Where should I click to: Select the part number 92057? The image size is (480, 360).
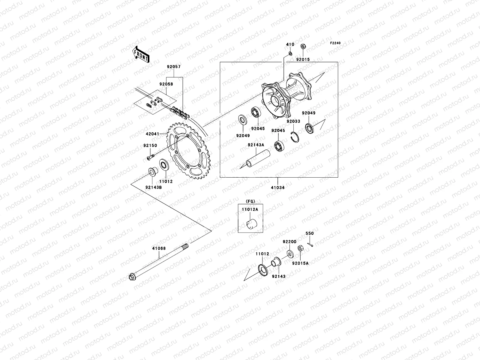click(174, 67)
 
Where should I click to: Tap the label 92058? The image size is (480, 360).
click(166, 84)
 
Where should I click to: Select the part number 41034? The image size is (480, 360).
click(277, 187)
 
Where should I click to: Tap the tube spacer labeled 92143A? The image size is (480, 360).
click(257, 159)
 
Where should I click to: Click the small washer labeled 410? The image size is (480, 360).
click(290, 53)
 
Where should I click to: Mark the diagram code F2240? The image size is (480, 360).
click(335, 43)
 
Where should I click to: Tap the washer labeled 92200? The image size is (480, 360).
click(289, 253)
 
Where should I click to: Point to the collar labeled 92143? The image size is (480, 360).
click(275, 262)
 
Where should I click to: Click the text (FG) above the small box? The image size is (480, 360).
click(250, 201)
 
